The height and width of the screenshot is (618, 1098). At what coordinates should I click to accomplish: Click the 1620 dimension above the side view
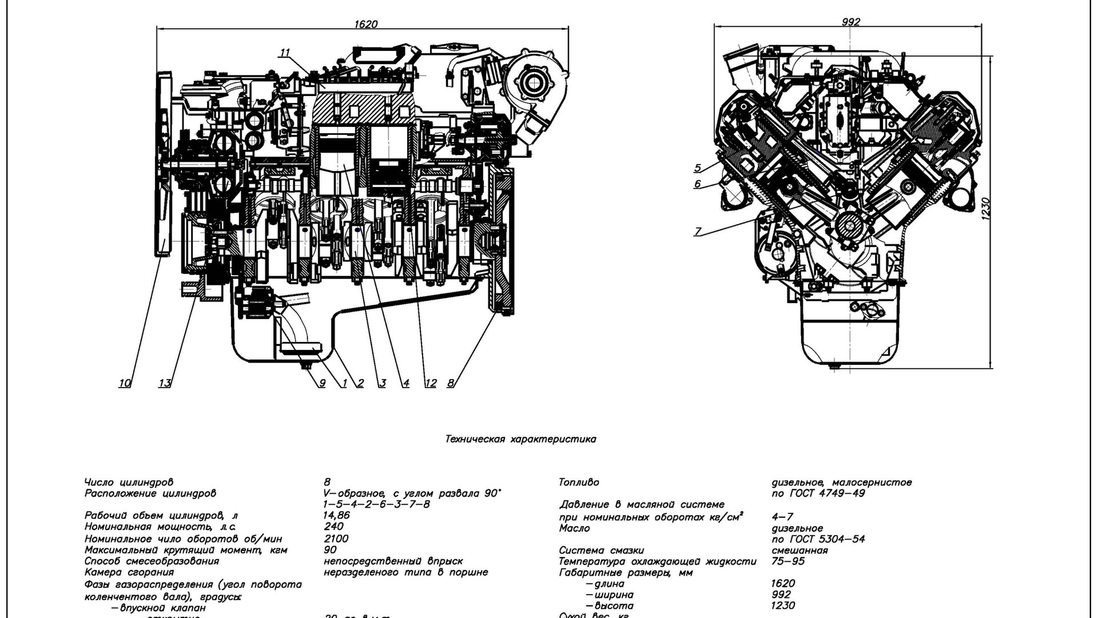coord(366,24)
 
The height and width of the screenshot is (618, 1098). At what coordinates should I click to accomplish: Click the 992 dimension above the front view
coord(851,22)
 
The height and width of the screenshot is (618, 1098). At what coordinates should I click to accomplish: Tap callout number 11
coord(285,53)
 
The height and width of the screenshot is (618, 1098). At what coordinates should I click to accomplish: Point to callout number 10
coord(125,383)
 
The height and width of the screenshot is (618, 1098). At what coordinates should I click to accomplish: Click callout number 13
coord(165,383)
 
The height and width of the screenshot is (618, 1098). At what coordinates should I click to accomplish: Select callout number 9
coord(321,383)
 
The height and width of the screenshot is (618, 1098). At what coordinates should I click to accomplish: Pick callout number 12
coord(430,383)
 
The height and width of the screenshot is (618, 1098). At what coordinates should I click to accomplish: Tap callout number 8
coord(451,383)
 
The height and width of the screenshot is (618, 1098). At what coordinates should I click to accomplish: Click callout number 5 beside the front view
coord(698,168)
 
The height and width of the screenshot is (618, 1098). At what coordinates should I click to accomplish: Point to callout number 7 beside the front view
coord(698,232)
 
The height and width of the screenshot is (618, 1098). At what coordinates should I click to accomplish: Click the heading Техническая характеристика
coord(520,439)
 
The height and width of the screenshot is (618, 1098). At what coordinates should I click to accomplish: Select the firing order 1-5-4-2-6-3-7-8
coord(376,504)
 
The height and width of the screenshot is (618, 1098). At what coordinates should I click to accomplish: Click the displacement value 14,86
coord(336,515)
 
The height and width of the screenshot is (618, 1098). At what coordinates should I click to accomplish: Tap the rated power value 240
coord(333,527)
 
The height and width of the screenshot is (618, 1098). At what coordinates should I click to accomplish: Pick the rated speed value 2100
coord(336,539)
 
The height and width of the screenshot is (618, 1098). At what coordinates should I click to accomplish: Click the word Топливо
coord(579,483)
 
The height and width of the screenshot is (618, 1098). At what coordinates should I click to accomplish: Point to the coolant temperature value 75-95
coord(788,561)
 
